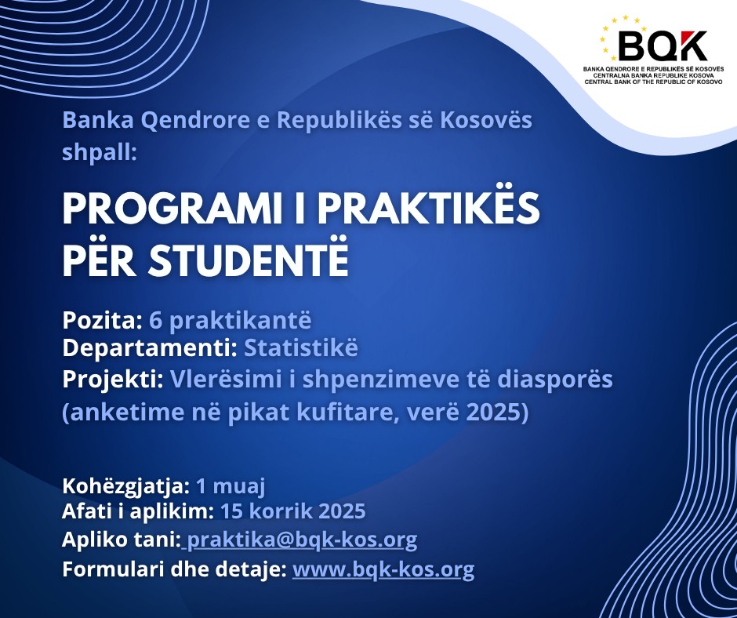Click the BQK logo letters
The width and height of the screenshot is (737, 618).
(663, 45)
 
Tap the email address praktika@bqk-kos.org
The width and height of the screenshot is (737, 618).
(302, 540)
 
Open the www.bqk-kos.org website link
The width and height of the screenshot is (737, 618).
(383, 569)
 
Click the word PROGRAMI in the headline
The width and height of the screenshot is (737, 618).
(172, 209)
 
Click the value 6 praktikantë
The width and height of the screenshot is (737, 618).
(231, 321)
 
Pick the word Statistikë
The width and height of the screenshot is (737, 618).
(301, 347)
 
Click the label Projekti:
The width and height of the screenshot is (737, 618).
(113, 380)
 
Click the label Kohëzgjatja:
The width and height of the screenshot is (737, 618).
(126, 485)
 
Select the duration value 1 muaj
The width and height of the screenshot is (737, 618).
(231, 485)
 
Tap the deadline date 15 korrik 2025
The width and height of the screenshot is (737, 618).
(292, 511)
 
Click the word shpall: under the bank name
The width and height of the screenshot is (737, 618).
(100, 152)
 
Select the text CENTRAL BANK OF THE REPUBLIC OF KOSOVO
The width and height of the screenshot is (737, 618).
(653, 82)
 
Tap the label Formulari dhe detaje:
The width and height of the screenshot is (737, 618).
(174, 569)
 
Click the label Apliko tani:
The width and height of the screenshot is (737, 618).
(122, 540)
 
